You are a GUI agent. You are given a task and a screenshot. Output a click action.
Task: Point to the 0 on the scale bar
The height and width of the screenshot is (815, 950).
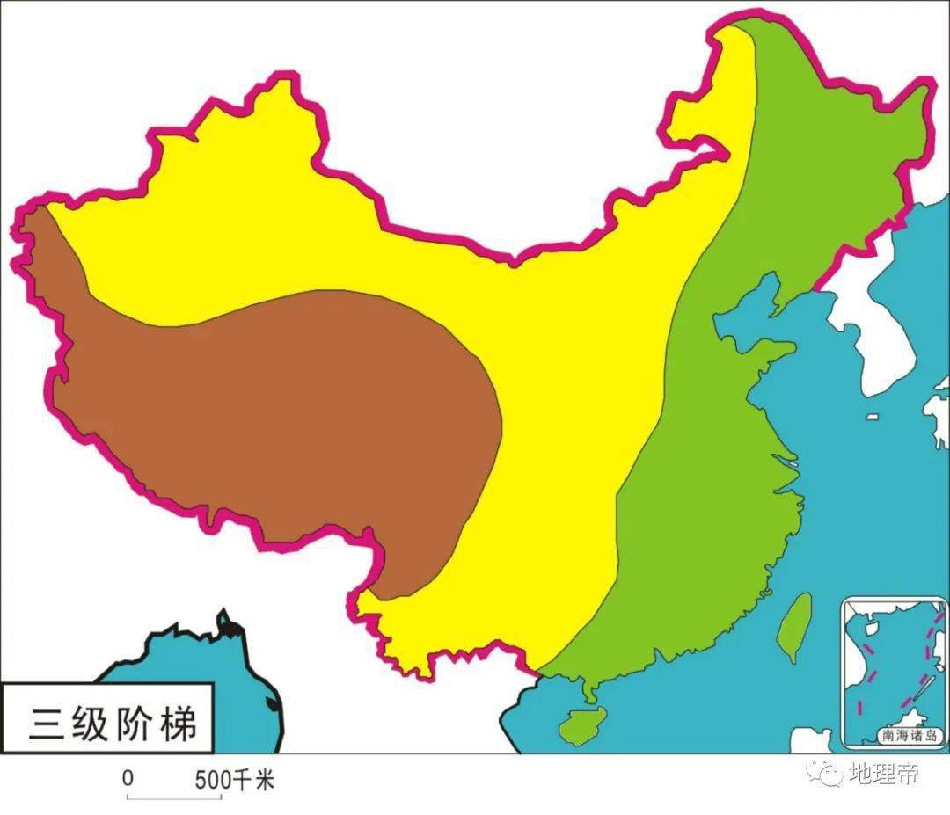pyautogui.click(x=128, y=779)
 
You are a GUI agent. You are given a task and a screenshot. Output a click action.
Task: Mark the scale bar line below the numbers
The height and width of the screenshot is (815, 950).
pyautogui.click(x=173, y=797)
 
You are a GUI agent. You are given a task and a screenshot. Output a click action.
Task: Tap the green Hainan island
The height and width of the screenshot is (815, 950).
pyautogui.click(x=578, y=725)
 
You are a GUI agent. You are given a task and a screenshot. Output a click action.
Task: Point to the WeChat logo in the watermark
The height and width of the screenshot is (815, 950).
pyautogui.click(x=825, y=774)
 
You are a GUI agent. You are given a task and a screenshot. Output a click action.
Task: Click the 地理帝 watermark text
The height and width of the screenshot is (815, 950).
pyautogui.click(x=883, y=775)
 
